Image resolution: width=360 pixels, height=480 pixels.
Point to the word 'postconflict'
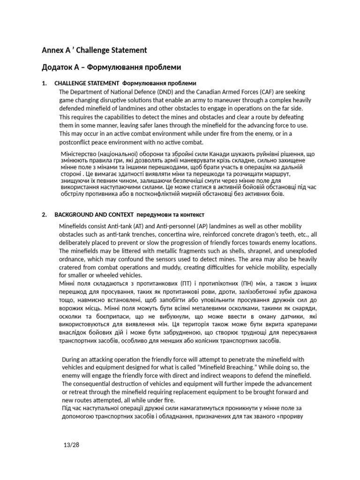tap(77, 142)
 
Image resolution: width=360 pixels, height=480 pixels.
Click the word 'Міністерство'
tap(81, 154)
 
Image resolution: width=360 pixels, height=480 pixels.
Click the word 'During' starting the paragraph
tap(72, 359)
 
